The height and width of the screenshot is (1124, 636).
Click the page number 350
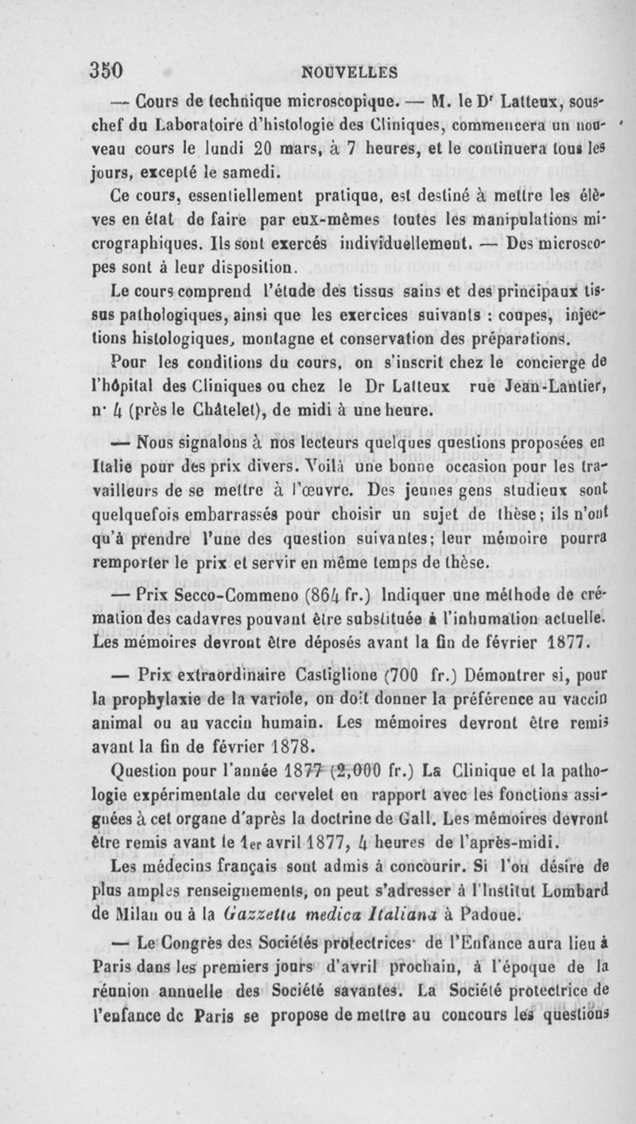pyautogui.click(x=108, y=70)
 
